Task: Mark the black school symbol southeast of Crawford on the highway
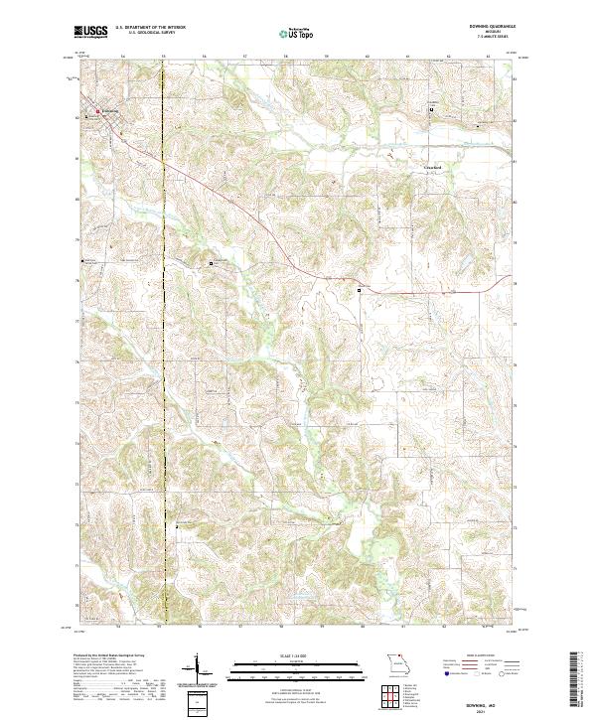click(x=360, y=289)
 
